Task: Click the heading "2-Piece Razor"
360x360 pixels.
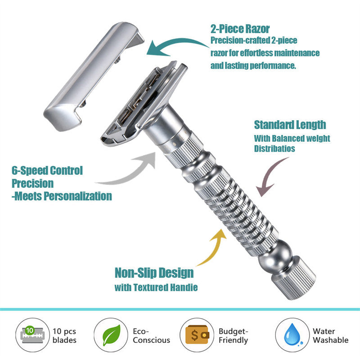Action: (x=240, y=29)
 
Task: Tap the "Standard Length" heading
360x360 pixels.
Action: (x=290, y=125)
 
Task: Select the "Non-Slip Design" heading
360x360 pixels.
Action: (x=154, y=273)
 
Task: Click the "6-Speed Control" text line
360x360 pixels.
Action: (x=47, y=171)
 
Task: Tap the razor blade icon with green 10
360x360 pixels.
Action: (x=32, y=335)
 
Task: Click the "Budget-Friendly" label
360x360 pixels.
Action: (x=233, y=335)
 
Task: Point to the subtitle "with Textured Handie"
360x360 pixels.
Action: (x=156, y=287)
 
